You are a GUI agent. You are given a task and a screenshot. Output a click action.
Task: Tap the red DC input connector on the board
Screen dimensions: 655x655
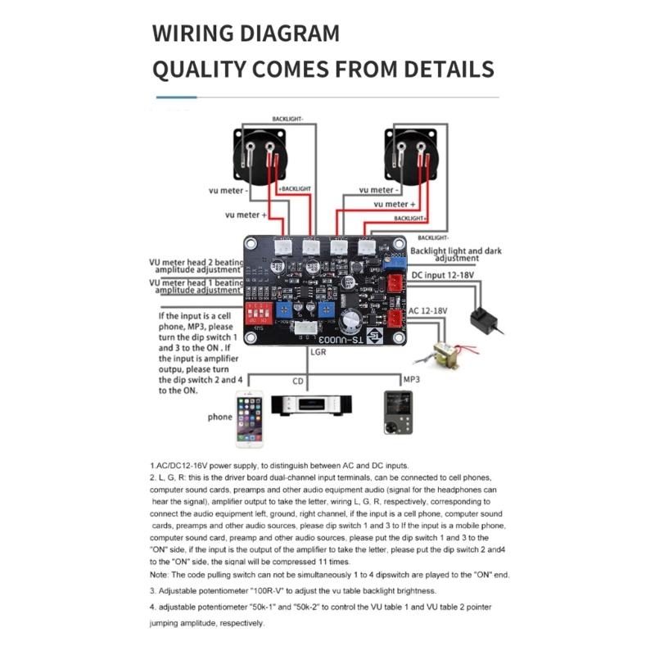(x=394, y=284)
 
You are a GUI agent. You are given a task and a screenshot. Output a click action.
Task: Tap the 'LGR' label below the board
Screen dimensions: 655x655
(x=320, y=351)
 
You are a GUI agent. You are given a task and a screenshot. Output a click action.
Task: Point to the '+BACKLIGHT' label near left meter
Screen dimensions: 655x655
(x=296, y=188)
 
